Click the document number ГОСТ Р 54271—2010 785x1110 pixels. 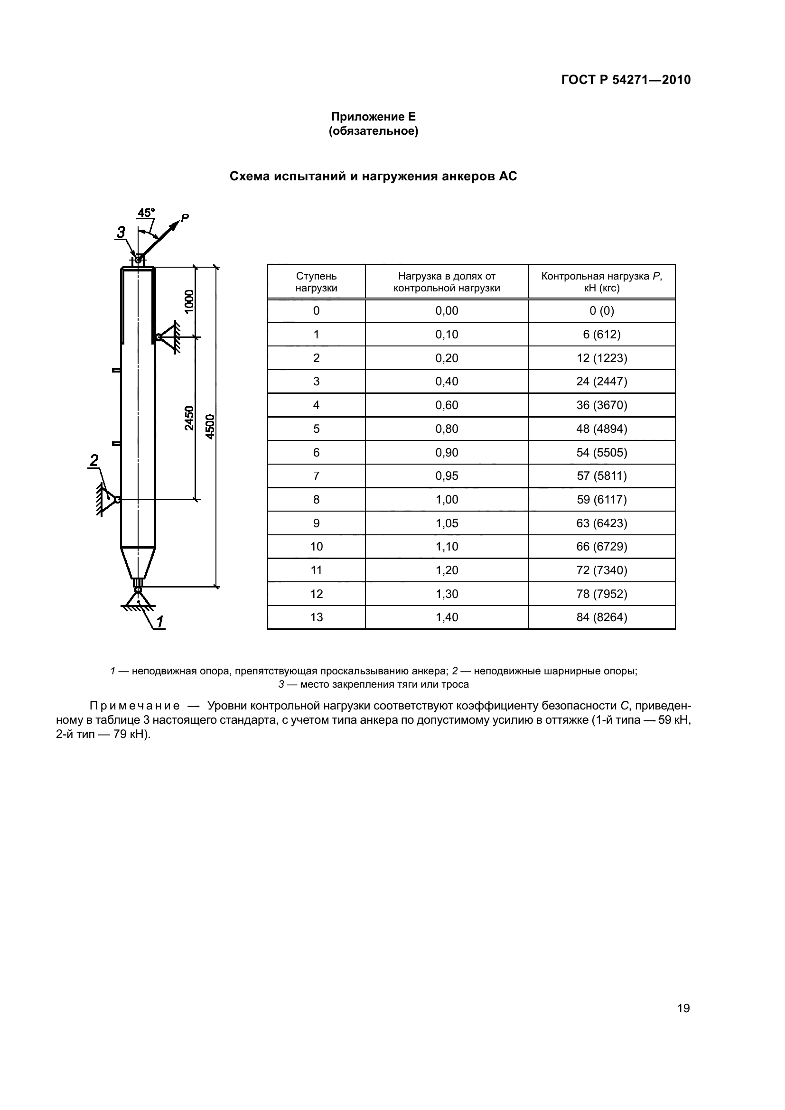click(x=626, y=80)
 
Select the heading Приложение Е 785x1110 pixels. click(x=373, y=117)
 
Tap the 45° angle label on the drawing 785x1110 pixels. click(x=146, y=213)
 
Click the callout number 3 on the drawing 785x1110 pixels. click(x=121, y=233)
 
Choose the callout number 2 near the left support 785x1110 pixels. click(x=94, y=460)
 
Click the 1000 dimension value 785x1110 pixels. click(x=189, y=301)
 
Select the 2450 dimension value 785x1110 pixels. click(x=189, y=418)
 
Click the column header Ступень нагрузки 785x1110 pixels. click(x=316, y=282)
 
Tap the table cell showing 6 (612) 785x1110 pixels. click(x=601, y=335)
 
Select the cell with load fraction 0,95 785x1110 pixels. click(x=447, y=476)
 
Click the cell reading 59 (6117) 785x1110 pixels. click(x=601, y=499)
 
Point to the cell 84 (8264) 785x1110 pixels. click(x=601, y=617)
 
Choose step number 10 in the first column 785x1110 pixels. click(x=316, y=547)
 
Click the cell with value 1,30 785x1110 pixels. click(x=447, y=594)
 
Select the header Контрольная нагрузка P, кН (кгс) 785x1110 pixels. click(x=601, y=282)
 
